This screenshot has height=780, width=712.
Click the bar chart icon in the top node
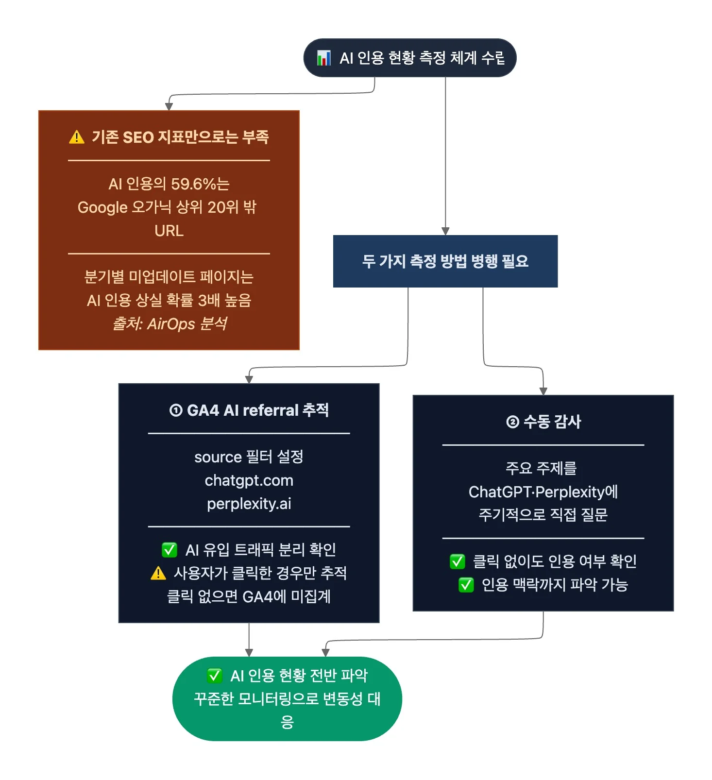pos(323,58)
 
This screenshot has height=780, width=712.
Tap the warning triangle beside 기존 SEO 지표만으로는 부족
pos(77,137)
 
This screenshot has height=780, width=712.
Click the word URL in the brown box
pos(169,231)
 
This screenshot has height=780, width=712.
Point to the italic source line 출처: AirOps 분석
pos(169,323)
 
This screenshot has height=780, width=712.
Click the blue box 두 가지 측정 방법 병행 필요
pos(445,261)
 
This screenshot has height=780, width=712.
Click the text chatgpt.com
pos(249,480)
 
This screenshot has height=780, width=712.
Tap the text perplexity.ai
pos(249,504)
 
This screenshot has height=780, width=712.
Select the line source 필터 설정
pos(249,457)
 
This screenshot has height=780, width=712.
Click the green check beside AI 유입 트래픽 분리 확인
pos(169,550)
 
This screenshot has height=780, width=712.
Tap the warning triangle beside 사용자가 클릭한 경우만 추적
pos(158,574)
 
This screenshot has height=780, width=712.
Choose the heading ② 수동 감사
pos(543,422)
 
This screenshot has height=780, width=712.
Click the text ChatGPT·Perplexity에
pos(543,492)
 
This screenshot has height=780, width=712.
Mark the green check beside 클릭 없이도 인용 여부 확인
pos(457,561)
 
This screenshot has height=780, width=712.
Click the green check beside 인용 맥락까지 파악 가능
pos(466,585)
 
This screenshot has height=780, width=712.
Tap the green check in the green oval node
pos(214,676)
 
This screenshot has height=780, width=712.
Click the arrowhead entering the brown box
pos(169,107)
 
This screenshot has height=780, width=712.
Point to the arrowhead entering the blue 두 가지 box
pos(445,232)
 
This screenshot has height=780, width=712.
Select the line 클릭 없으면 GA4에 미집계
pos(249,596)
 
